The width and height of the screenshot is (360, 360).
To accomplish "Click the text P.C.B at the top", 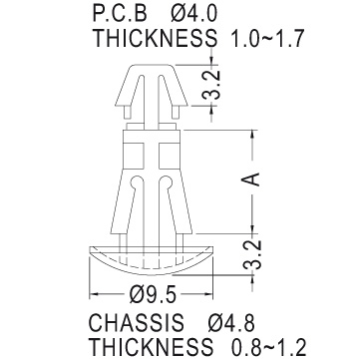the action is tap(120, 14).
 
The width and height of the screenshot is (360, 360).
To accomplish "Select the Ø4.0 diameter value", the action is tap(194, 14).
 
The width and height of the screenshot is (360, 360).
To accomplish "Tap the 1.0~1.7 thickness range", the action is tap(267, 38).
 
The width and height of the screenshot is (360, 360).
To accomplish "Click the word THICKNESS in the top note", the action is tap(155, 38).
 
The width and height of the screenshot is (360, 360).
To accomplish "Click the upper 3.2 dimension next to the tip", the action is tap(211, 85).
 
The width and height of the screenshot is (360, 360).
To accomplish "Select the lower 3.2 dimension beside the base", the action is tap(252, 254).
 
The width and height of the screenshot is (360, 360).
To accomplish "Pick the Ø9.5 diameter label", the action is tap(153, 294).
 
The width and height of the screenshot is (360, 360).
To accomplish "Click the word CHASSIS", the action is tap(137, 322).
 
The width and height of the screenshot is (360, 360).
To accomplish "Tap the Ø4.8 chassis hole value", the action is tap(231, 322).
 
